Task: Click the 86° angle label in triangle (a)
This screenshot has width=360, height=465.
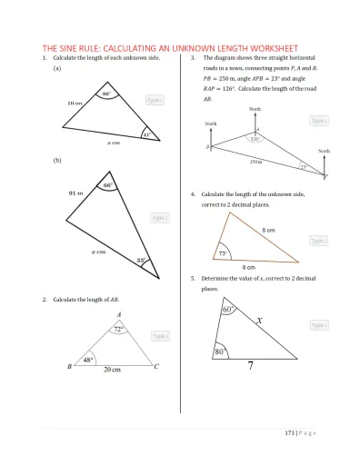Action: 106,94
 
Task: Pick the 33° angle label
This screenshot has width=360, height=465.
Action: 142,261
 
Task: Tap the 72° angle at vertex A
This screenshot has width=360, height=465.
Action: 117,330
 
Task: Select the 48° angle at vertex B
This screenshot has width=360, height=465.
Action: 89,360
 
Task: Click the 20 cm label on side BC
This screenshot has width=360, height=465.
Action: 113,371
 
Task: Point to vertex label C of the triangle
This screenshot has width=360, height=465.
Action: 156,367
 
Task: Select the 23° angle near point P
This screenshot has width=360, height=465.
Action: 304,167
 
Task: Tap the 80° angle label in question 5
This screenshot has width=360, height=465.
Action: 219,351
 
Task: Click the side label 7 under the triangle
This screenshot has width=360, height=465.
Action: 251,366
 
